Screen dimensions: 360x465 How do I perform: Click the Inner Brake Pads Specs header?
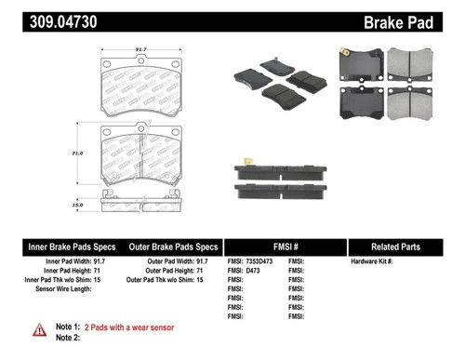coord(70,247)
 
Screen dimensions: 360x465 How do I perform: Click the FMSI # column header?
coord(284,247)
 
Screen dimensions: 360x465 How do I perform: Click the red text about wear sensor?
coord(130,327)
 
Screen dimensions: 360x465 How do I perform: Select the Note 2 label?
coord(68,339)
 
